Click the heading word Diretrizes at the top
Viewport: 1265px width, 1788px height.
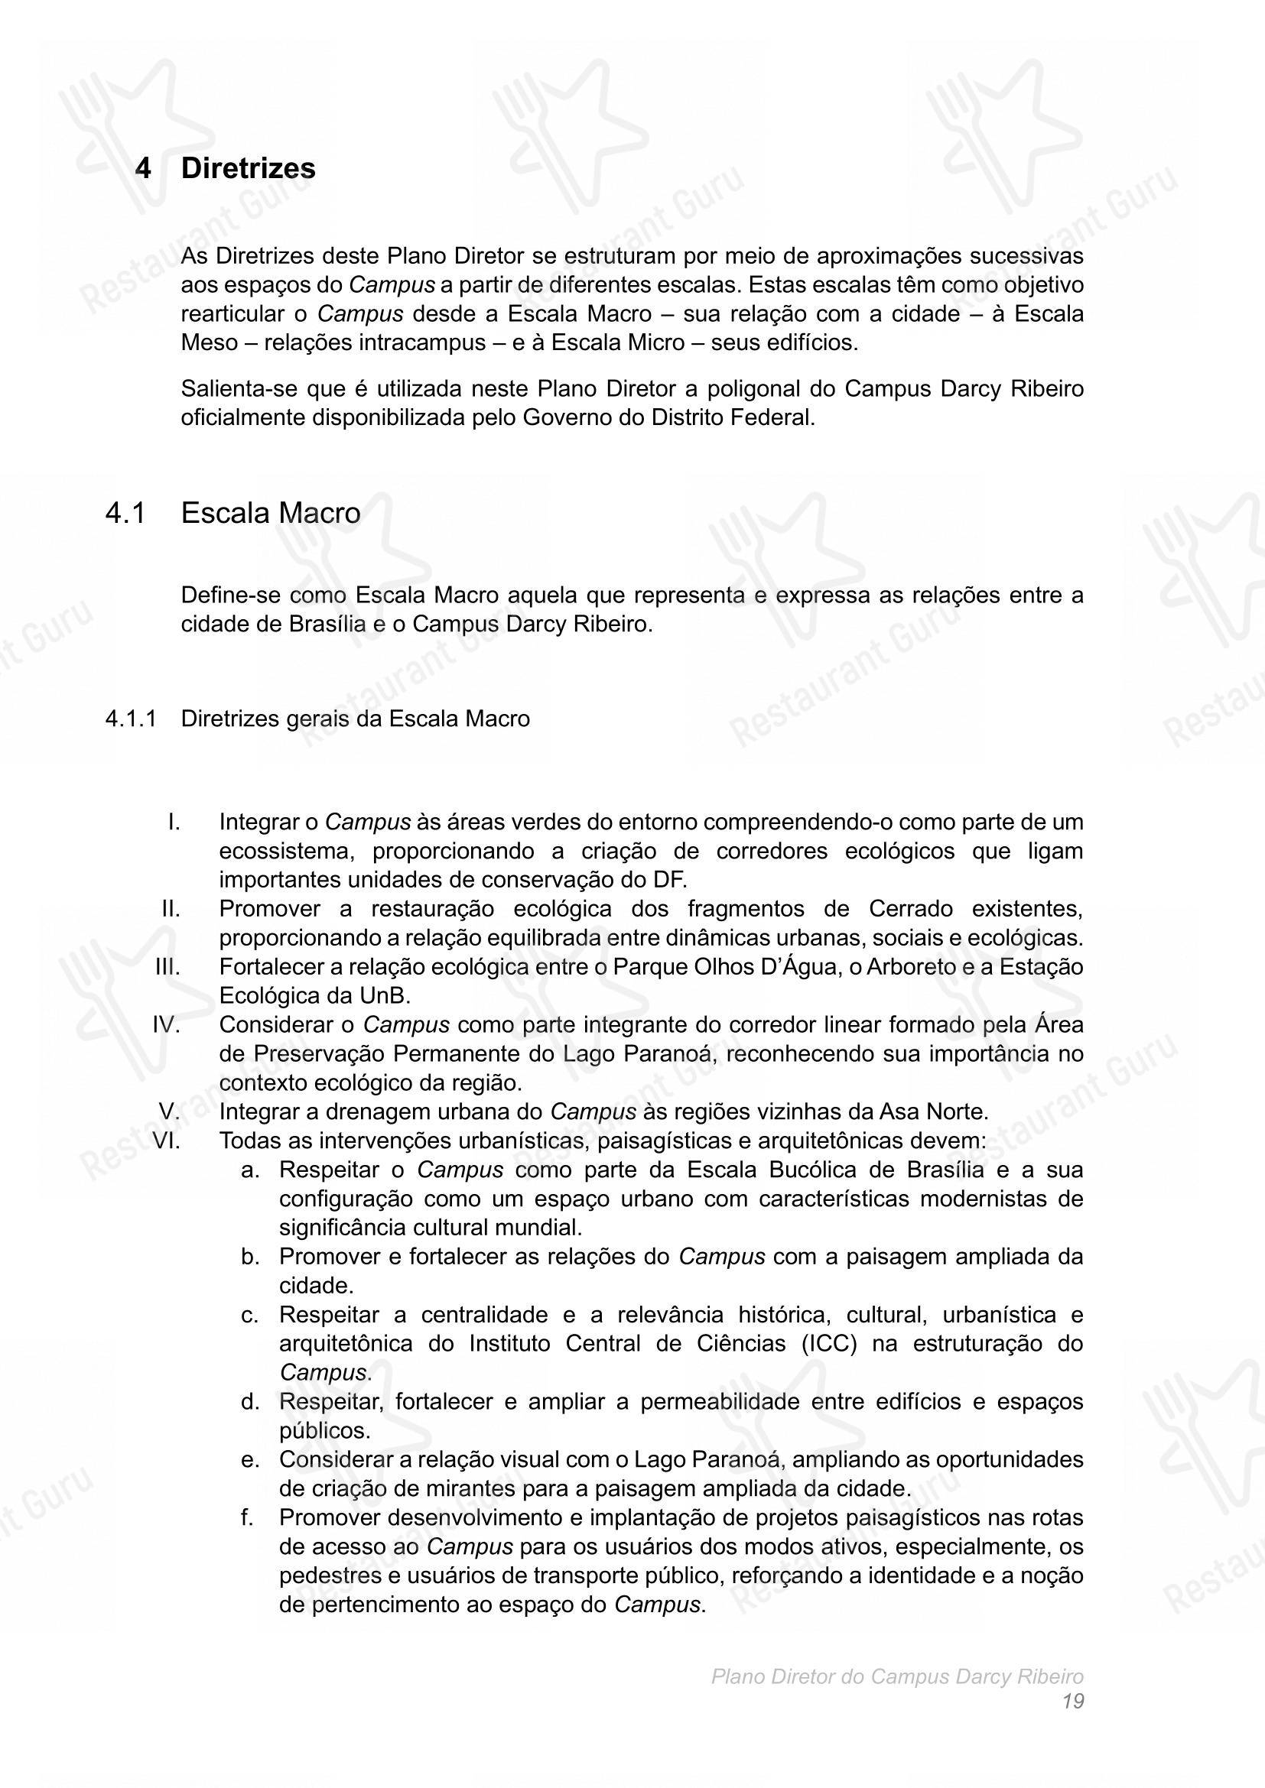click(x=248, y=168)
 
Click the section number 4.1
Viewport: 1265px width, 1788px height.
click(x=125, y=513)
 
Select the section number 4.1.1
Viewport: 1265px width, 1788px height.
click(x=131, y=719)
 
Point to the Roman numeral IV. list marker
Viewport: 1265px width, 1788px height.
click(x=166, y=1025)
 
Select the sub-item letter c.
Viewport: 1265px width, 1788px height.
click(x=249, y=1315)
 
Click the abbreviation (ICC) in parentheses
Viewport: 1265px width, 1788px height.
click(x=829, y=1343)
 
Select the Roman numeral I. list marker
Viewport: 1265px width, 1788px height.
click(x=174, y=823)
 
